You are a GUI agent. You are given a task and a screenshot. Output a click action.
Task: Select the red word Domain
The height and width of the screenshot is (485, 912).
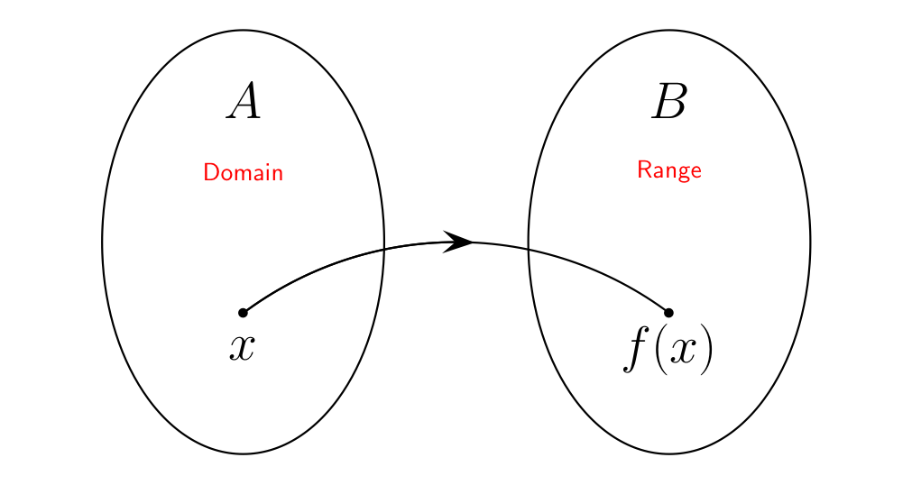(244, 172)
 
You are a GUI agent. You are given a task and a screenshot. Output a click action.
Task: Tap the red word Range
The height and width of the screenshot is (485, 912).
(669, 169)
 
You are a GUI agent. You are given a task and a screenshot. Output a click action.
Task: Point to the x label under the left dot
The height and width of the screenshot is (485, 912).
(242, 347)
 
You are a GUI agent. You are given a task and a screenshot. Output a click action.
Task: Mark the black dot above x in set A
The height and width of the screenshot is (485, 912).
(243, 313)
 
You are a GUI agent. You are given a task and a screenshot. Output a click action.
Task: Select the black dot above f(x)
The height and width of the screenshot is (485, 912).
(668, 313)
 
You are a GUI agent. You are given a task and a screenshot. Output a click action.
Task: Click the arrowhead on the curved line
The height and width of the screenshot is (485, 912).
(460, 242)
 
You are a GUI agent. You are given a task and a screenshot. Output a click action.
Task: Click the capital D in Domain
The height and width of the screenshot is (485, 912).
(210, 172)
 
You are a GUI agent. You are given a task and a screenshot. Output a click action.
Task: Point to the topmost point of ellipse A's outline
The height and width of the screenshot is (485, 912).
(244, 30)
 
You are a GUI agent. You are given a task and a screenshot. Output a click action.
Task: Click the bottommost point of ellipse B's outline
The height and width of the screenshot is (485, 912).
(669, 453)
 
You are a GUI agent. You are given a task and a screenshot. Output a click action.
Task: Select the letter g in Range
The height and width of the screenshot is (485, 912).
(685, 171)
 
